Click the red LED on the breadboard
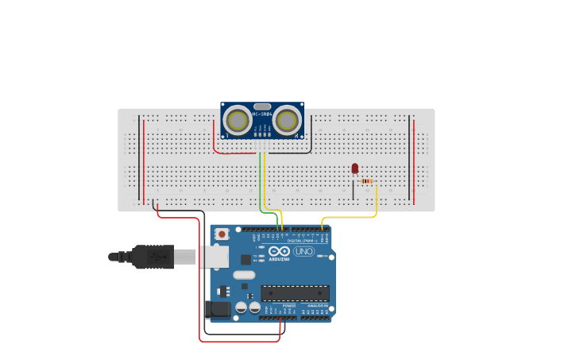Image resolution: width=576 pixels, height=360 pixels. point(354,168)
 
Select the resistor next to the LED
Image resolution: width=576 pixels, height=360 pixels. point(366,181)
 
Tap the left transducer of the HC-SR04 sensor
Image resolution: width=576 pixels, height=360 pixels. point(237,120)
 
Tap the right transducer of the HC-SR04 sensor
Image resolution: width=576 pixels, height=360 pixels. point(288,120)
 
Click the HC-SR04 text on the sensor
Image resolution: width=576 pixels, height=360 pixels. point(262,114)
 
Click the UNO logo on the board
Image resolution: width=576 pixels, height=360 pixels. point(303,251)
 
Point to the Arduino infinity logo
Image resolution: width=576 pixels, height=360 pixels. point(279,251)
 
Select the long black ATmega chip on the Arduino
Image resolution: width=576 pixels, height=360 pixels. point(295,292)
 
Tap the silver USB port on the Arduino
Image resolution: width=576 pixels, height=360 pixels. point(213,257)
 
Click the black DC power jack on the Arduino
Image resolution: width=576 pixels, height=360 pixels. point(217,309)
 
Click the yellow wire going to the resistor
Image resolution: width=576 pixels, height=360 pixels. point(350,216)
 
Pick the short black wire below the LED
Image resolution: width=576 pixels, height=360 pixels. point(354,191)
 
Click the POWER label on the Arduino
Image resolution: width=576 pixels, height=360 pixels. point(289,305)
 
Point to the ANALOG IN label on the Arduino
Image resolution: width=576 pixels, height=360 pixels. point(317,305)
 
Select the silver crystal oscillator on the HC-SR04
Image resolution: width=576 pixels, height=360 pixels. point(262,106)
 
